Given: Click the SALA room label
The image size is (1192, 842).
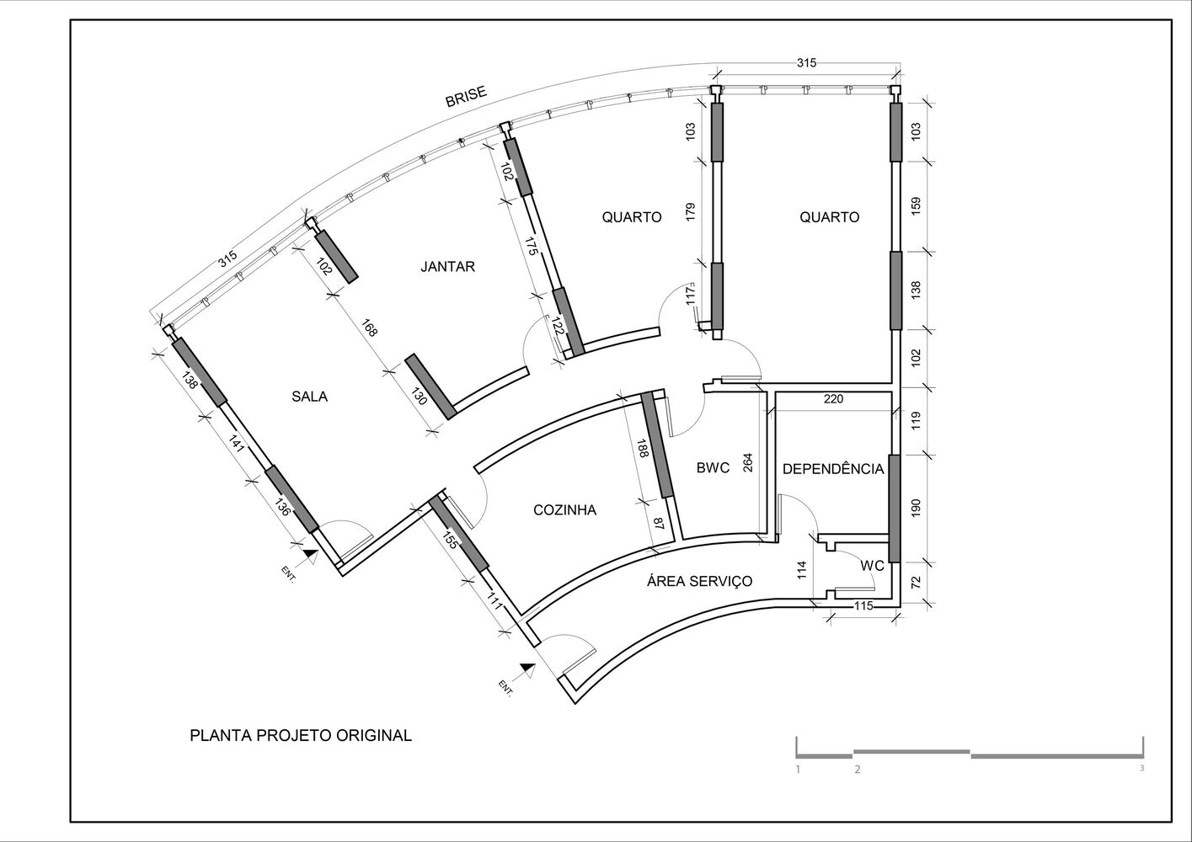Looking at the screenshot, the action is coord(310,397).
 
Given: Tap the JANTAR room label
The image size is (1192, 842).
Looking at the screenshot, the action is coord(447,266).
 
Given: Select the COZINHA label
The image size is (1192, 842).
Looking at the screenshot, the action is coord(564,510).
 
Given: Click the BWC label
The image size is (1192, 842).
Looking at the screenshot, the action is coord(713,468).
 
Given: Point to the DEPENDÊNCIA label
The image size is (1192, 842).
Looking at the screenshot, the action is coord(833,469).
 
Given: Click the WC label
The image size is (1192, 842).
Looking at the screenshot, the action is coord(872,566).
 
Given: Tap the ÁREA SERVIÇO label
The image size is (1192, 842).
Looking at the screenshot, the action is coord(700,581).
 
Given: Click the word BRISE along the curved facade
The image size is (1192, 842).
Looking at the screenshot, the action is coord(466,96).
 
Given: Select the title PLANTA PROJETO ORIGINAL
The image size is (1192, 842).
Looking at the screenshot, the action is coord(301,736).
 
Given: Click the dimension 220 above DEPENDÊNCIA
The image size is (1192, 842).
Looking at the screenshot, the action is coord(833,398).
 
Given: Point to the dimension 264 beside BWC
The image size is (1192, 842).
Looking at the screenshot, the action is coord(748,463).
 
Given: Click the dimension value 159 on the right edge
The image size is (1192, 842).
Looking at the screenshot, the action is coord(916,205).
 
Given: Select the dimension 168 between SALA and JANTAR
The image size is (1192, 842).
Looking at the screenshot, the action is coord(369,328).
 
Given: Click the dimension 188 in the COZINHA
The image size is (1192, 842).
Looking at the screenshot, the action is coord(643,448).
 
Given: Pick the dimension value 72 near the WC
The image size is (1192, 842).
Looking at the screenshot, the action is coord(916,582).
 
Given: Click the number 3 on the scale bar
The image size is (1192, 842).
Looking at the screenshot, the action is coord(1142,768).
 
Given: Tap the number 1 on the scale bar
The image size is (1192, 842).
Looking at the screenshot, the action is coord(798,769).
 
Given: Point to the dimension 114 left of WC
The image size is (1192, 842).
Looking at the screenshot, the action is coord(803,570).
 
